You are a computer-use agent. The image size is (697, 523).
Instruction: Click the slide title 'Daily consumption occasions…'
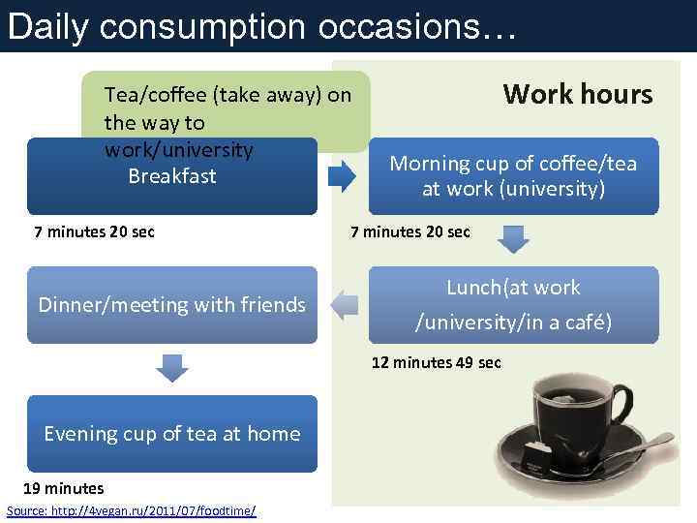point(261,26)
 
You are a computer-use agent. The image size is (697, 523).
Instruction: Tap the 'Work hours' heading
point(578,94)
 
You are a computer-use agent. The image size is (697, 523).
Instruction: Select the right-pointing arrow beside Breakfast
point(343,175)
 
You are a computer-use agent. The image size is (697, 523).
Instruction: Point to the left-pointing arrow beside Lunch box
point(343,305)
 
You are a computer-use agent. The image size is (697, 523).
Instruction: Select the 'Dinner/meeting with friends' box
point(171,305)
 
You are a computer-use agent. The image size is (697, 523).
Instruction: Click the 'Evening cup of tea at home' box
point(171,434)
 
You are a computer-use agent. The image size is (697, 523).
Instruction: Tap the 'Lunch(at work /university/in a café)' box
point(513,304)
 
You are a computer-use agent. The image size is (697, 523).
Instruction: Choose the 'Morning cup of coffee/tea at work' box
point(513,175)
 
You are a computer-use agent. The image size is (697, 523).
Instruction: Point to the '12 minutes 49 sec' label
point(437,362)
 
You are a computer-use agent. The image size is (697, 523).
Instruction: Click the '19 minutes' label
point(63,488)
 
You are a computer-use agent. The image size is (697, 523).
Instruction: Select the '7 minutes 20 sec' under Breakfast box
point(94,231)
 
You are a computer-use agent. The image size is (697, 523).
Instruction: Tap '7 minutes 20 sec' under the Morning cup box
point(409,231)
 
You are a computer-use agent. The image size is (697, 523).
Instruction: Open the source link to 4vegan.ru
point(131,509)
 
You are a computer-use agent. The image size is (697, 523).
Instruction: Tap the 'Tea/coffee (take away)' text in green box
point(227,95)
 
